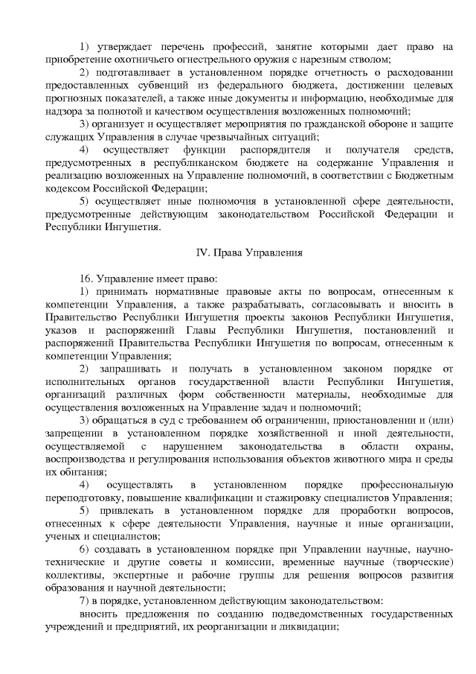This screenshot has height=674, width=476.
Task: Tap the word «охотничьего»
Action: tap(135, 60)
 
